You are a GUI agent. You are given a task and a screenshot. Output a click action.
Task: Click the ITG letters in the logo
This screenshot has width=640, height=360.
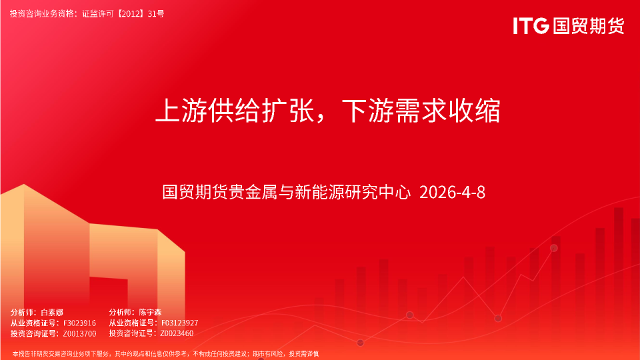tap(531, 26)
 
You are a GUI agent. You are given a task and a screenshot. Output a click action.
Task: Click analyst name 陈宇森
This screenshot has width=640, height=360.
tap(151, 312)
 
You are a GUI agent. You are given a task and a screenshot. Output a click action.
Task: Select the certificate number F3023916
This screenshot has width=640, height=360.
tap(79, 323)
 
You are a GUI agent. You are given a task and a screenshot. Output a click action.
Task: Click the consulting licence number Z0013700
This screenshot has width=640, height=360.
tap(79, 333)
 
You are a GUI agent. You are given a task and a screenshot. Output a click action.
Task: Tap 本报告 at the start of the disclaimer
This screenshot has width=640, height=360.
tap(21, 353)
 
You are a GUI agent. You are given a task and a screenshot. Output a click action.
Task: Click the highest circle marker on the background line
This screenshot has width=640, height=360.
tap(553, 248)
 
